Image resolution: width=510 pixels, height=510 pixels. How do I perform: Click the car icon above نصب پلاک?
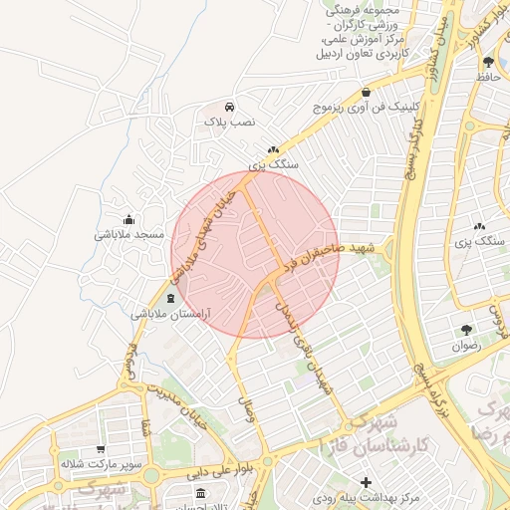pyautogui.click(x=230, y=106)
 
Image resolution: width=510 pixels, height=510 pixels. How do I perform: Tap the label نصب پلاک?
pyautogui.click(x=230, y=121)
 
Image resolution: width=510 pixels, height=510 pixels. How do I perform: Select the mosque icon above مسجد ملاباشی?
pyautogui.click(x=128, y=220)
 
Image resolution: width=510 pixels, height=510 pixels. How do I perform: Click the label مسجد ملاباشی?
pyautogui.click(x=128, y=235)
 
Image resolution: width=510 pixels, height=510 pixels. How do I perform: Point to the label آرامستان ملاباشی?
pyautogui.click(x=170, y=313)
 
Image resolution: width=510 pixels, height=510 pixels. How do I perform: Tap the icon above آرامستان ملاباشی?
pyautogui.click(x=170, y=298)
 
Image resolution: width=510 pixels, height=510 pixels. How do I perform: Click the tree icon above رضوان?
pyautogui.click(x=466, y=330)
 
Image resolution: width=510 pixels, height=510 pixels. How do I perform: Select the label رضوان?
pyautogui.click(x=466, y=346)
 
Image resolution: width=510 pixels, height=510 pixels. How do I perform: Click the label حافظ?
pyautogui.click(x=488, y=76)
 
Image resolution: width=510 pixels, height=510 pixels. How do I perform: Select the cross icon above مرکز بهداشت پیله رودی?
pyautogui.click(x=366, y=482)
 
